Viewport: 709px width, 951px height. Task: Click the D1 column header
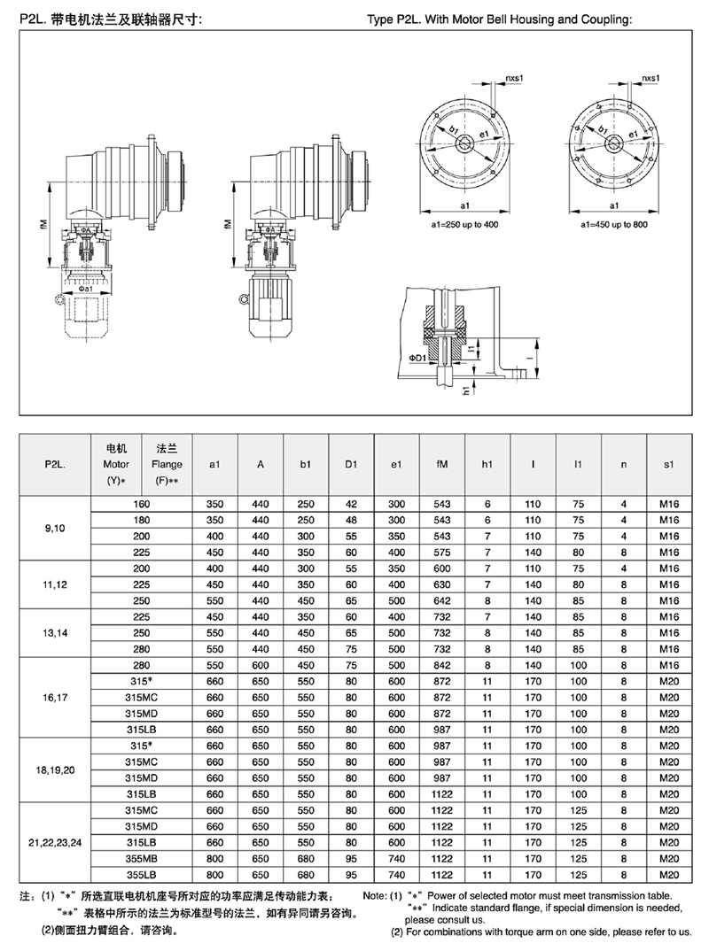(351, 465)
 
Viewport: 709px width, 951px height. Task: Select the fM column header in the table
(442, 465)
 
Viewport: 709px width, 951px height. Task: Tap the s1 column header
(669, 465)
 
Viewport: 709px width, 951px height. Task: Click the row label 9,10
(55, 529)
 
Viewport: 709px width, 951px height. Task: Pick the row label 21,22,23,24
(55, 842)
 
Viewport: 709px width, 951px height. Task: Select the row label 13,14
(55, 633)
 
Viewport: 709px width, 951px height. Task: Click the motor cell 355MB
(142, 859)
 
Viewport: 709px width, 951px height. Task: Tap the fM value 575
(442, 553)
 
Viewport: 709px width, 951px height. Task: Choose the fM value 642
(442, 601)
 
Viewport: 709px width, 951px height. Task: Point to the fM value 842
(442, 665)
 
